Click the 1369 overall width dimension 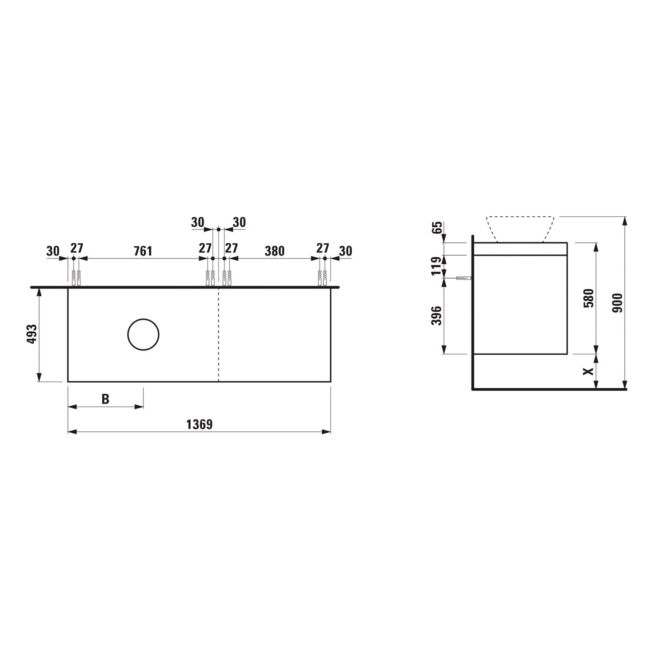(199, 424)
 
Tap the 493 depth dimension (33, 334)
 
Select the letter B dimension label (105, 399)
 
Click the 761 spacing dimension (143, 251)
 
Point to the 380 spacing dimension (275, 251)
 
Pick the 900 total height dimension (618, 303)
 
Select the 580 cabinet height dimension (589, 298)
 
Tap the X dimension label (589, 371)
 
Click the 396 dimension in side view (436, 316)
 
